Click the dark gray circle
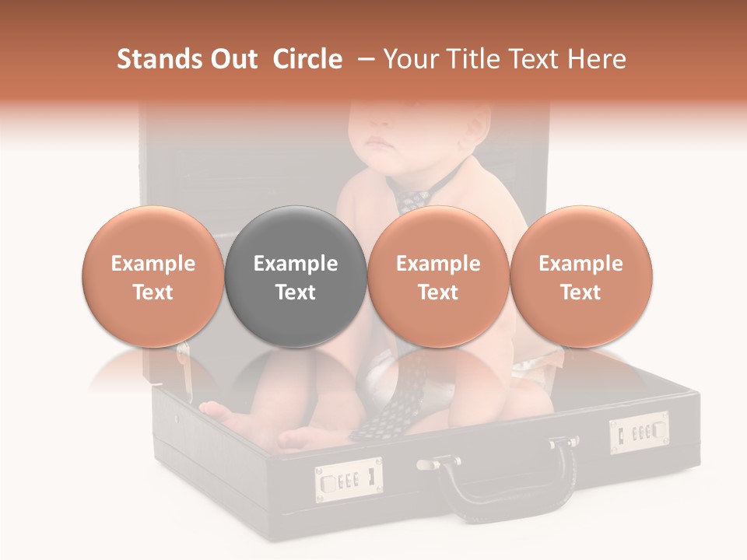296,277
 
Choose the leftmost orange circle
153,277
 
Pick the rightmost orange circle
581,277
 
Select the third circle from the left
438,277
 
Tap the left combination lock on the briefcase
349,479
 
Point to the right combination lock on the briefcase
639,432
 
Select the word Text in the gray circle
296,292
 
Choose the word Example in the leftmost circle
153,264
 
